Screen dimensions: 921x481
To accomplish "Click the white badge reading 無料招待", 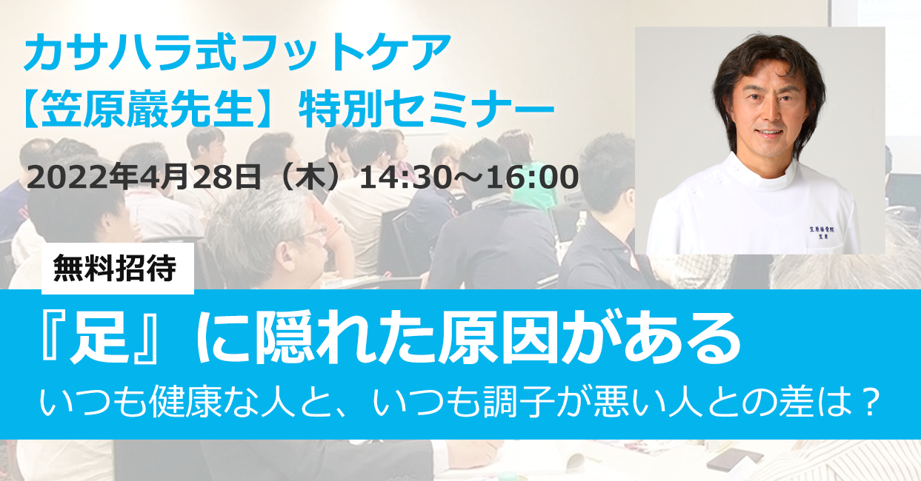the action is tap(118, 269).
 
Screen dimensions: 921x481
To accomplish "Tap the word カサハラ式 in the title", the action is tap(130, 52).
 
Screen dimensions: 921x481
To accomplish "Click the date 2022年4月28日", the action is tap(144, 177).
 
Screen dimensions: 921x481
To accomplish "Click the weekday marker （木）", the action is tap(310, 177).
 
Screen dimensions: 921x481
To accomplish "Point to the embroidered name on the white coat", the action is tap(822, 232).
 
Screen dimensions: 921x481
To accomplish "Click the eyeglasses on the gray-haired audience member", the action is tap(312, 232).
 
